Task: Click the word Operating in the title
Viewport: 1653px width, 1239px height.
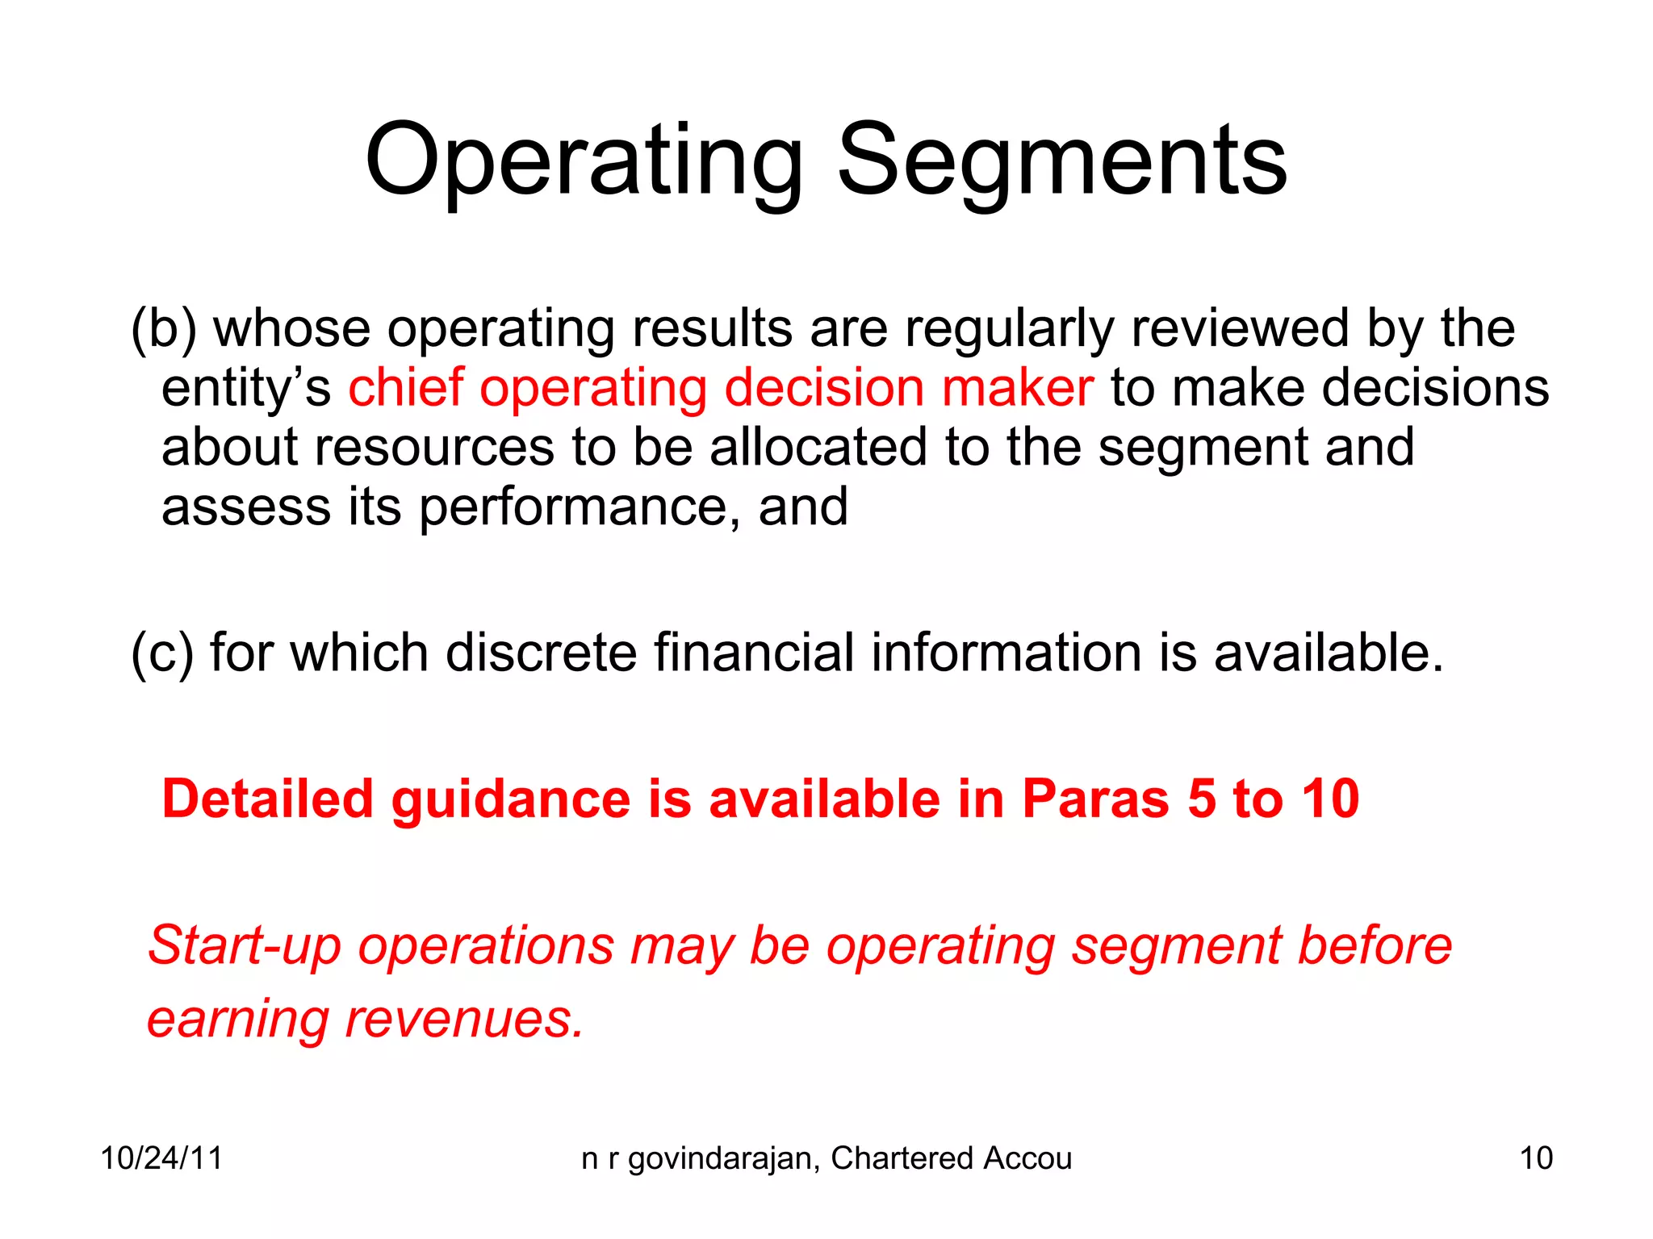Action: [x=584, y=161]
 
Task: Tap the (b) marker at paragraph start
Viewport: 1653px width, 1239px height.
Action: [x=164, y=329]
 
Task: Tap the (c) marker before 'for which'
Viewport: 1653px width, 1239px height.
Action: [x=162, y=653]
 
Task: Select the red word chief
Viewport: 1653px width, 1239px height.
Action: [x=406, y=388]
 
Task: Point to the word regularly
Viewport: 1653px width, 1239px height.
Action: [x=1009, y=329]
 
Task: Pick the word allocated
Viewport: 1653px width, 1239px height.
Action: [x=818, y=448]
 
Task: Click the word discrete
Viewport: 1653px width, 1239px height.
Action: [x=541, y=653]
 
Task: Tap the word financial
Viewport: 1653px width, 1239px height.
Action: [x=753, y=653]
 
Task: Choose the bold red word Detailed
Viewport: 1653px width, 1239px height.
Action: [x=267, y=799]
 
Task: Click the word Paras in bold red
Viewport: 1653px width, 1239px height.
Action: [x=1095, y=799]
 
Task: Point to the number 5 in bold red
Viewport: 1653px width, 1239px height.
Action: [x=1201, y=799]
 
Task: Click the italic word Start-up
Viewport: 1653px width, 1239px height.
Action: [x=245, y=946]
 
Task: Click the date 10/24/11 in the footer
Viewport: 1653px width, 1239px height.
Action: [x=161, y=1158]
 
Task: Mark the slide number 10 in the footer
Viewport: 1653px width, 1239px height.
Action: [x=1536, y=1158]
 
